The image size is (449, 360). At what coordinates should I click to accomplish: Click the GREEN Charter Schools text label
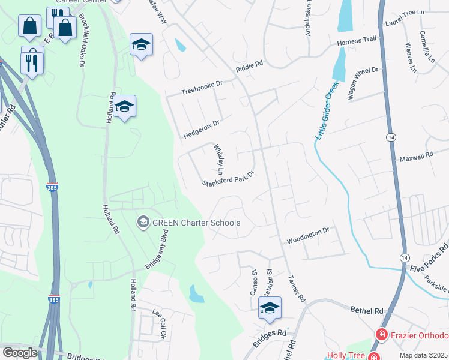(x=196, y=223)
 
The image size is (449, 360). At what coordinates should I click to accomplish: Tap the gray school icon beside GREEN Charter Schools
(x=143, y=223)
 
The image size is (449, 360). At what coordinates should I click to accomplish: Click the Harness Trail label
(x=356, y=41)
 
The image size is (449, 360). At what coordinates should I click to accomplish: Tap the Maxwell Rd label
(x=417, y=157)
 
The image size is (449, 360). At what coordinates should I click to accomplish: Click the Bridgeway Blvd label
(x=155, y=256)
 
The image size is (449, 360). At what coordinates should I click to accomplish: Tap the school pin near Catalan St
(x=270, y=308)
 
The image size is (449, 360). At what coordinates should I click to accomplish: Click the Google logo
(x=20, y=353)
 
